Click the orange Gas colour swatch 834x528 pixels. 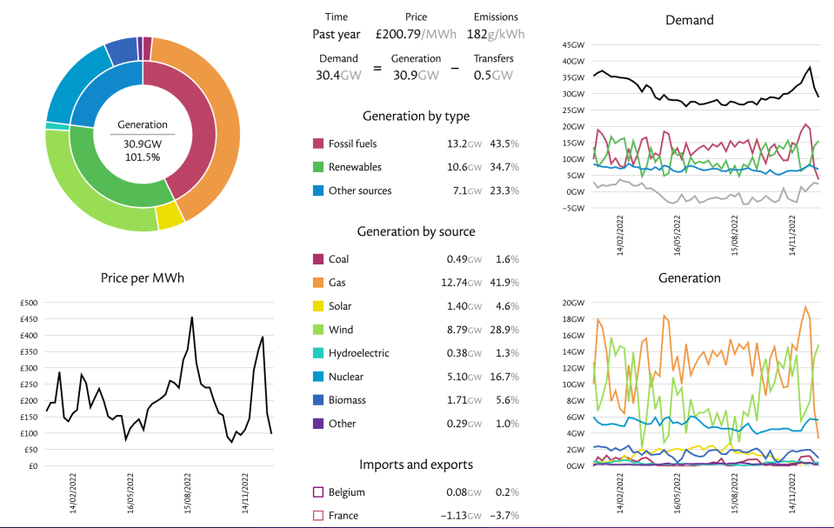coord(318,283)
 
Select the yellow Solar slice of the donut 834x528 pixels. coord(170,216)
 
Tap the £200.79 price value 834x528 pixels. coord(398,34)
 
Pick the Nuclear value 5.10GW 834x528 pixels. coord(464,377)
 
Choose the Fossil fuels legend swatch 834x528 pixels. coord(318,144)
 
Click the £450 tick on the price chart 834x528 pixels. coord(29,319)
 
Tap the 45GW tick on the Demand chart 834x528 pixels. coord(573,44)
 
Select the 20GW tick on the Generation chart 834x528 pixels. coord(573,303)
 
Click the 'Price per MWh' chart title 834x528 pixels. coord(143,278)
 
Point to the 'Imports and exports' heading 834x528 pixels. coord(416,465)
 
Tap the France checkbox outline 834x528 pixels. coord(318,515)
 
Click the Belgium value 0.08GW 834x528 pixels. coord(464,492)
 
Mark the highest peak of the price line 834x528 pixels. coord(192,317)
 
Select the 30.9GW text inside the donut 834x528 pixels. coord(143,144)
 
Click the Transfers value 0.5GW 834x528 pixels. coord(493,76)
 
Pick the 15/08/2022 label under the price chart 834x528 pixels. coord(188,493)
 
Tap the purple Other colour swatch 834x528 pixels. coord(318,424)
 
